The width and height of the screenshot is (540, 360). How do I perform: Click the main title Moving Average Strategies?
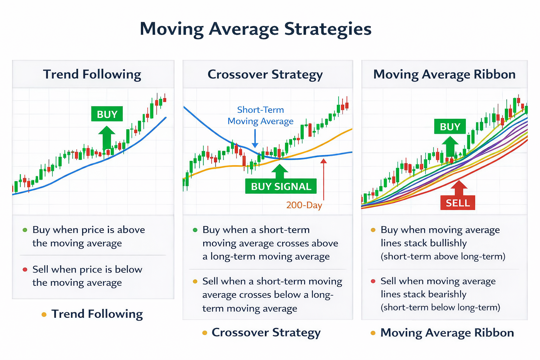(256, 29)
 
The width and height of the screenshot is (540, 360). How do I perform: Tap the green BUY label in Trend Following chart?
(107, 114)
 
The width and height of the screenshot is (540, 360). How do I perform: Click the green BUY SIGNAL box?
(281, 186)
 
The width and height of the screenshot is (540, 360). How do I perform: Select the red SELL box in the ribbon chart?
(458, 203)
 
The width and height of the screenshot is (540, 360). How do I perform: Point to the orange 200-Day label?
(304, 205)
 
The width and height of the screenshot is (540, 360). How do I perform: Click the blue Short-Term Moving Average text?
(261, 115)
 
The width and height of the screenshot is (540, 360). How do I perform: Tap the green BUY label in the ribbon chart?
(450, 127)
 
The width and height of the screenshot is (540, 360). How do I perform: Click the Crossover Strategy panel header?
(265, 75)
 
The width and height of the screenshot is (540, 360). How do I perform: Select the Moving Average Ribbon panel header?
(444, 75)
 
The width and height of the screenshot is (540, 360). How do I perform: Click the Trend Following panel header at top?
(92, 75)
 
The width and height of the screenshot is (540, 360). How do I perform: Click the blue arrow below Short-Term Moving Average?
(255, 139)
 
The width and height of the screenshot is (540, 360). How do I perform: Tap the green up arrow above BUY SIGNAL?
(280, 171)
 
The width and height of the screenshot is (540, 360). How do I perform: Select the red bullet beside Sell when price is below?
(25, 270)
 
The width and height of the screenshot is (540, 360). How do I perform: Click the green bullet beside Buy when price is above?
(25, 230)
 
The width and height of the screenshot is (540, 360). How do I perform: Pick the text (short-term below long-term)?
(440, 308)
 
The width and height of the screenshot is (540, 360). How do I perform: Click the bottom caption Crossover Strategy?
(266, 333)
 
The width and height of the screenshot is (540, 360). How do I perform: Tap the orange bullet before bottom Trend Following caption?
(44, 314)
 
